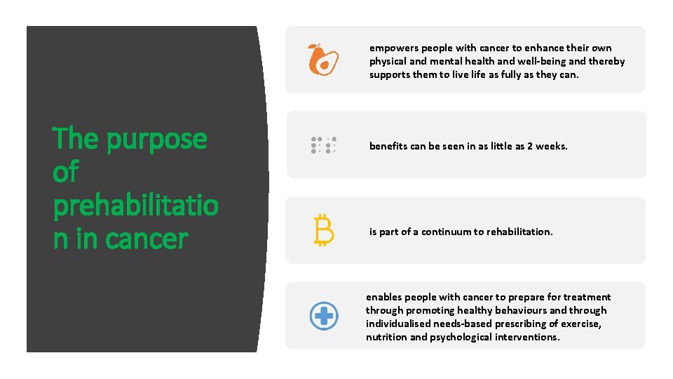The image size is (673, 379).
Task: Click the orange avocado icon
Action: [x=323, y=60]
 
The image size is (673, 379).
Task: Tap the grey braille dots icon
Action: [x=323, y=145]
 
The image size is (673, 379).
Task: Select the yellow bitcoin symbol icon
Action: [x=323, y=231]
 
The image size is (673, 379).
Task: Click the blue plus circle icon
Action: [x=324, y=316]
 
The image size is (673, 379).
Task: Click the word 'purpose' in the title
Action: [x=157, y=140]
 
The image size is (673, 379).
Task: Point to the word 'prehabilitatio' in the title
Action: [x=135, y=206]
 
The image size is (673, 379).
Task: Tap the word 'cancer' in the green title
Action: [x=147, y=239]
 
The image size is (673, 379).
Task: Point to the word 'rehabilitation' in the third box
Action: [x=519, y=232]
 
